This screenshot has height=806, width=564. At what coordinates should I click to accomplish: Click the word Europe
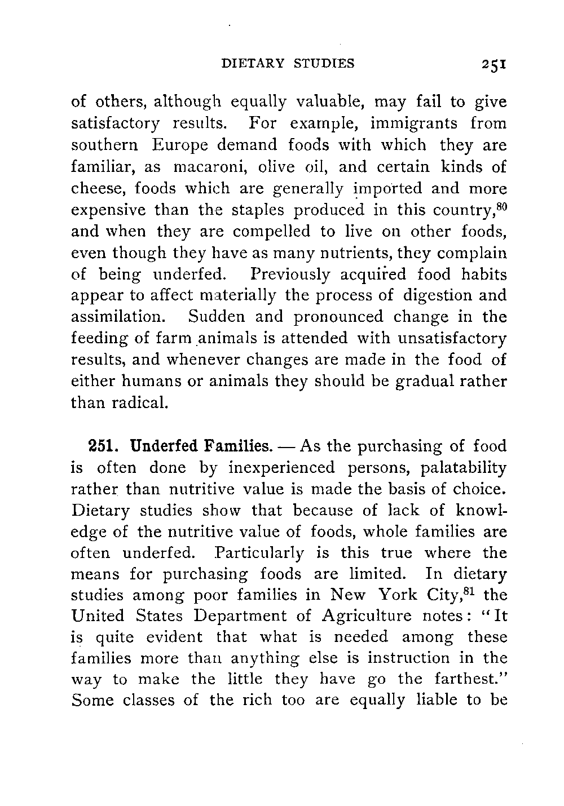point(183,145)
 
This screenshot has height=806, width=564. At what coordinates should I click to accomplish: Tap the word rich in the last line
point(269,701)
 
